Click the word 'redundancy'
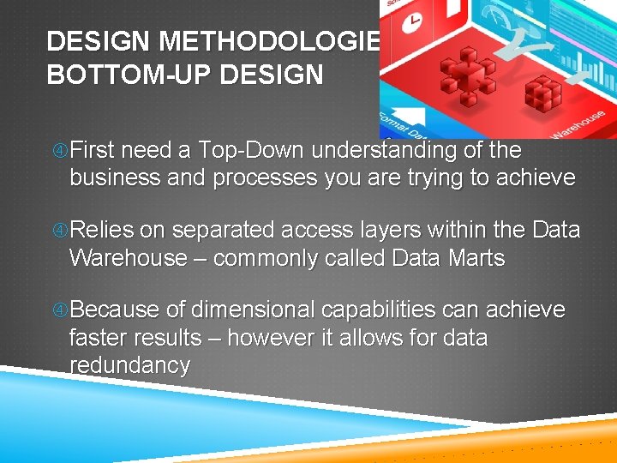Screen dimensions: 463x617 129,365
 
